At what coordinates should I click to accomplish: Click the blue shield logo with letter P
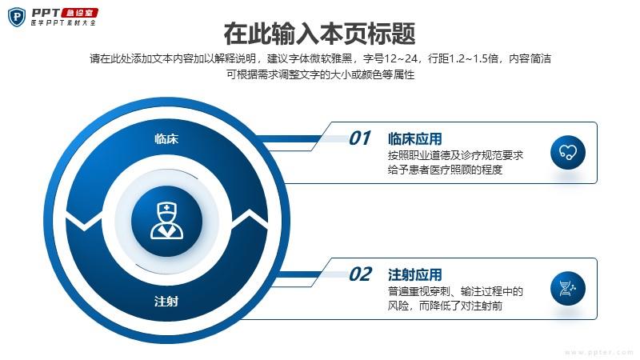tap(17, 17)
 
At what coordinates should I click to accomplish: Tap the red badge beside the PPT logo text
tap(79, 13)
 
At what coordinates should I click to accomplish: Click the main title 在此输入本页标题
tap(319, 34)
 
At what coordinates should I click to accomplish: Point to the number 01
tap(359, 138)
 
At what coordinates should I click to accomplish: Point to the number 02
tap(360, 274)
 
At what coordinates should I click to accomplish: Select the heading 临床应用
tap(414, 138)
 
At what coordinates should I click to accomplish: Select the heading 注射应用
tap(414, 274)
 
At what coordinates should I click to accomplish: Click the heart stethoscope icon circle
tap(568, 153)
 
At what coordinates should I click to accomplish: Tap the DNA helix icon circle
tap(568, 289)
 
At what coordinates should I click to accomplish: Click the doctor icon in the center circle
tap(167, 221)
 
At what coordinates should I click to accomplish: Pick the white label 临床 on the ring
tap(166, 138)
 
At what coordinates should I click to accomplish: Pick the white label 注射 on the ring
tap(166, 302)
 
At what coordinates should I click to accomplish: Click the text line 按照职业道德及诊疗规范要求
tap(455, 155)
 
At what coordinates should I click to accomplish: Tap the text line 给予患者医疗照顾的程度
tap(445, 170)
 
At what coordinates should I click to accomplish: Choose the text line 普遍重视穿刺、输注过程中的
tap(455, 291)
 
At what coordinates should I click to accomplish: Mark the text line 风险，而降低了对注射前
tap(445, 306)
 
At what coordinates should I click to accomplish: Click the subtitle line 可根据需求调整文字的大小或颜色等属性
tap(321, 74)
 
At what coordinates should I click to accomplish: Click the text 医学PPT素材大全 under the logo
tap(63, 23)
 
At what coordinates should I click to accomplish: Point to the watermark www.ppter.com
tap(598, 352)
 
